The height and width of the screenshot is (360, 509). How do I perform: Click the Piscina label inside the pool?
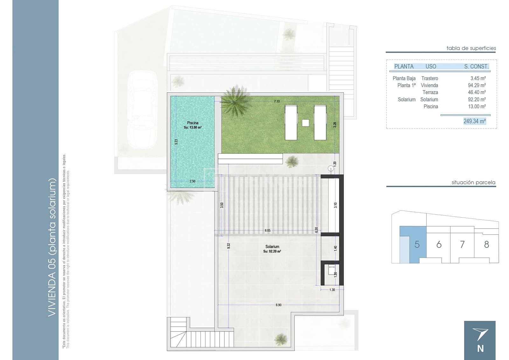pos(192,123)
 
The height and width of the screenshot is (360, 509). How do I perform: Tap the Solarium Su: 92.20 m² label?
pos(272,249)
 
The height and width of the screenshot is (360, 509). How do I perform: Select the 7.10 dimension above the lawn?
pos(277,101)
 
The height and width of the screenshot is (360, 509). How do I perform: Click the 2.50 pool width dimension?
pos(192,181)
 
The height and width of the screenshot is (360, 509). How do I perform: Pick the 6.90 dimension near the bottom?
pos(278,305)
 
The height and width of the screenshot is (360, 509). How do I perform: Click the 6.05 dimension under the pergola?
pos(268,230)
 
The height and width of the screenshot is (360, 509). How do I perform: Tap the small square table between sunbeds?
pos(305,122)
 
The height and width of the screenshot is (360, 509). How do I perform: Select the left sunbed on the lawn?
pos(291,122)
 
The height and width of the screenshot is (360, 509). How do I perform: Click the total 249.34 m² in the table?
pos(474,121)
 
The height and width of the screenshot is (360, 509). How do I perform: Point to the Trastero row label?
pos(429,78)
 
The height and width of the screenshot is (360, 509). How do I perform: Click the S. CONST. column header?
pos(476,66)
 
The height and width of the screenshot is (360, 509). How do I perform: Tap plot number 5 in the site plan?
pos(417,245)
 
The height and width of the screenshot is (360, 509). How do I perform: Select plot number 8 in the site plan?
pos(486,245)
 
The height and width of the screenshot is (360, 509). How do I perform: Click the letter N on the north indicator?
pos(480,349)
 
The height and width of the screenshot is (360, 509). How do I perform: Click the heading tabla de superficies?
pos(471,48)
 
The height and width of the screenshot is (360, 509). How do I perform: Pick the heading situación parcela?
pos(473,183)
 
